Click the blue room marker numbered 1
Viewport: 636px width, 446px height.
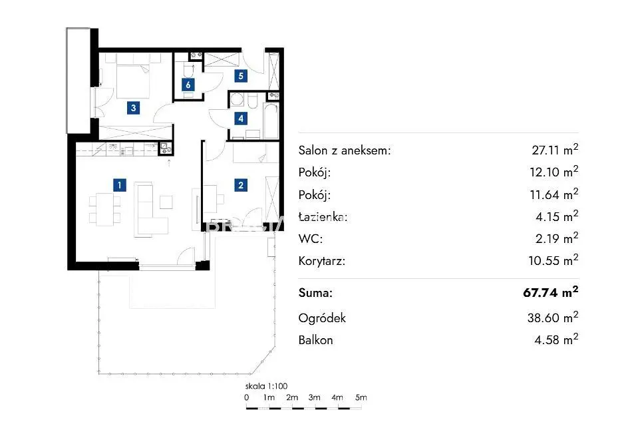click(x=119, y=185)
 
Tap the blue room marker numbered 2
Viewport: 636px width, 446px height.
click(x=241, y=185)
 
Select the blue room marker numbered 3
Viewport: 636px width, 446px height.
click(x=133, y=108)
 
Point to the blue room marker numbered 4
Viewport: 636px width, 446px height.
click(x=241, y=118)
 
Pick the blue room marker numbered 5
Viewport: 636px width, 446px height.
click(x=241, y=75)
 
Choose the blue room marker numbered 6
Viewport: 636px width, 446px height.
click(x=188, y=85)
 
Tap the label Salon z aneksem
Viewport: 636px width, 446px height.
click(x=345, y=150)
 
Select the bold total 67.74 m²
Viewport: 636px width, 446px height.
click(x=550, y=292)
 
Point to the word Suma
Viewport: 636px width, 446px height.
click(x=315, y=293)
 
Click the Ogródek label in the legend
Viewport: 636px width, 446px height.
click(x=322, y=318)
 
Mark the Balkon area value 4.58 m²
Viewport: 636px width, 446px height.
click(x=556, y=339)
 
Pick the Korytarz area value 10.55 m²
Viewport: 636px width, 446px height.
click(x=554, y=260)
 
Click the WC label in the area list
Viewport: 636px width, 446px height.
click(x=310, y=238)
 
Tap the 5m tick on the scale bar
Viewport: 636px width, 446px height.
click(x=361, y=397)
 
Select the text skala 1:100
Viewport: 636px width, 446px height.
click(x=267, y=386)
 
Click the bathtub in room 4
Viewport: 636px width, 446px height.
click(x=271, y=120)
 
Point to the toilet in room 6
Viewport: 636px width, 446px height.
click(x=189, y=69)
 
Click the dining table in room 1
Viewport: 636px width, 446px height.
click(x=104, y=210)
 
